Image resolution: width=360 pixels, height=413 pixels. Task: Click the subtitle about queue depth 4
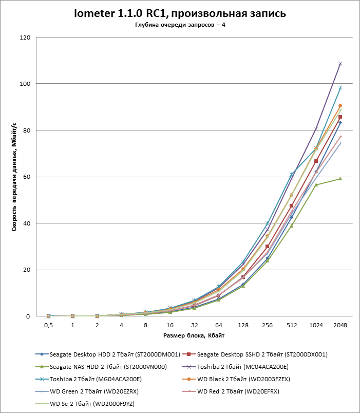[180, 25]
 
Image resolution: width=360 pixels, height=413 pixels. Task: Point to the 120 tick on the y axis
[24, 37]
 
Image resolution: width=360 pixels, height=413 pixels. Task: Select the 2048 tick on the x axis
[340, 325]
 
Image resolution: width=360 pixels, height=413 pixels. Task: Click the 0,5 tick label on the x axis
[48, 325]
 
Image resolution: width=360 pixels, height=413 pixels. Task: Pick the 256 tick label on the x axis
[267, 325]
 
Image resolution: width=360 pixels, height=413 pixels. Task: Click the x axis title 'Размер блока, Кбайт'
[194, 335]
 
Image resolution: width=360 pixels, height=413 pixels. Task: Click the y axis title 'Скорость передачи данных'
[15, 177]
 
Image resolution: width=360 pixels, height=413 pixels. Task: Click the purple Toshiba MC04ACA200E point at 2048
[340, 64]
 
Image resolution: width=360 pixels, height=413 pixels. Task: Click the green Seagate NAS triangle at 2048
[340, 179]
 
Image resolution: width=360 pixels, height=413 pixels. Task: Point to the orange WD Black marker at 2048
[340, 106]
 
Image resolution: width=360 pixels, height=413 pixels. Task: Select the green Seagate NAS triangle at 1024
[316, 185]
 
